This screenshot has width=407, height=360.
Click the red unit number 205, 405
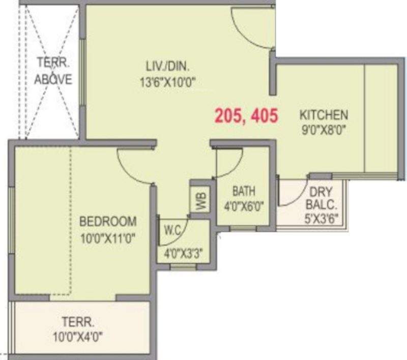pyautogui.click(x=246, y=116)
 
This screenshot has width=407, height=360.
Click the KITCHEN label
pyautogui.click(x=323, y=114)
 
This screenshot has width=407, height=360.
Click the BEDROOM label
pyautogui.click(x=108, y=222)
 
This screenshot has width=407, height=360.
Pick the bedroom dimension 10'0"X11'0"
pyautogui.click(x=108, y=237)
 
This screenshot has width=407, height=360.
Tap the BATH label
pyautogui.click(x=243, y=192)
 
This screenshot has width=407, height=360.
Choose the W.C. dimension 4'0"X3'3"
pyautogui.click(x=183, y=252)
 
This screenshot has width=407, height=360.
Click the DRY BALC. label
pyautogui.click(x=321, y=199)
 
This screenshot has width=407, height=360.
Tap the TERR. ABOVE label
pyautogui.click(x=53, y=71)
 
